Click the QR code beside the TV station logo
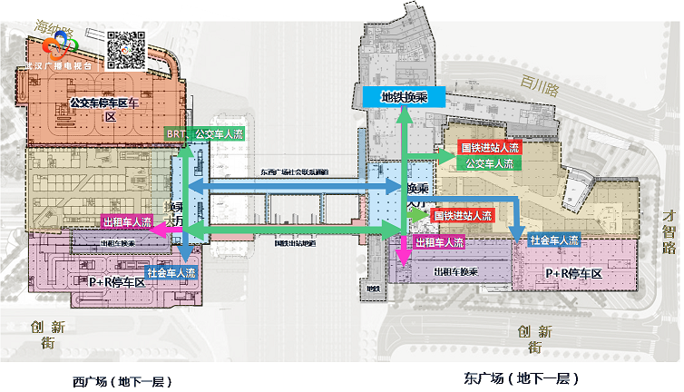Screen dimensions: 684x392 pyautogui.click(x=127, y=49)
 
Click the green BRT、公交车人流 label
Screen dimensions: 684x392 pyautogui.click(x=205, y=134)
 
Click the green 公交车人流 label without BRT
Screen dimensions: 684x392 pyautogui.click(x=489, y=164)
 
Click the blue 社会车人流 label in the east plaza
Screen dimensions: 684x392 pyautogui.click(x=553, y=240)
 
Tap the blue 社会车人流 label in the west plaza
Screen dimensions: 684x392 pyautogui.click(x=171, y=272)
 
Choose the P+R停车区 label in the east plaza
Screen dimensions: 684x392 pyautogui.click(x=573, y=273)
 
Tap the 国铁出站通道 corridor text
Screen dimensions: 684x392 pyautogui.click(x=295, y=243)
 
